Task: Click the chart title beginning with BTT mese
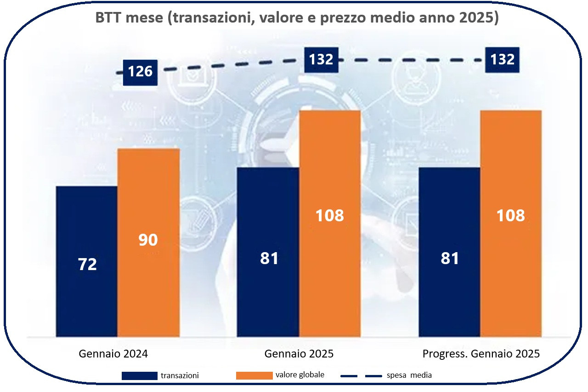(296, 18)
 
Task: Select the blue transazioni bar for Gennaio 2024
(87, 230)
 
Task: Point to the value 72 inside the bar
(87, 265)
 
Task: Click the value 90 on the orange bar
(148, 240)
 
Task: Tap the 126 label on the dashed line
(140, 72)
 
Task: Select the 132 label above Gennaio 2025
(321, 59)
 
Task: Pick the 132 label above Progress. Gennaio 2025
(503, 59)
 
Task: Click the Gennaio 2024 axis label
(113, 354)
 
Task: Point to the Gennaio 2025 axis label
(299, 354)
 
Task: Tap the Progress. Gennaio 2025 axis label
(481, 354)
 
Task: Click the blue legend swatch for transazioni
(139, 375)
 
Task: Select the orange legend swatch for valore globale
(254, 375)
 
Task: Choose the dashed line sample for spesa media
(361, 376)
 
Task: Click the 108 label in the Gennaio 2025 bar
(329, 215)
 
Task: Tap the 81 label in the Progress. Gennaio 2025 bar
(450, 259)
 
